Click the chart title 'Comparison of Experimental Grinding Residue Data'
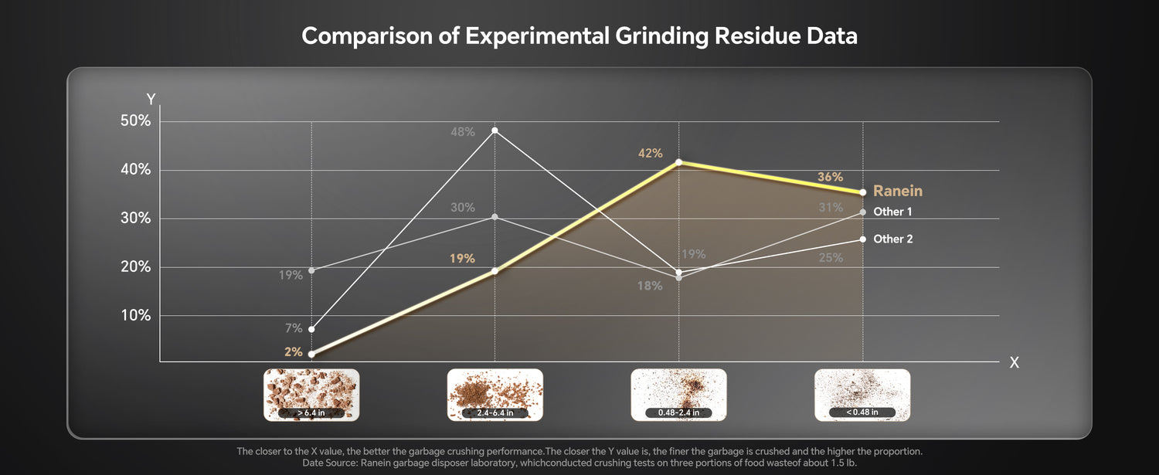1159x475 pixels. (579, 36)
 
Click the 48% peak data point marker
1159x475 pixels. (495, 131)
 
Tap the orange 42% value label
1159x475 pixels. (650, 153)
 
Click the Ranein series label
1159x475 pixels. (898, 192)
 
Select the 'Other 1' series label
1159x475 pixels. (892, 212)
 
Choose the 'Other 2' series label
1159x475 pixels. (892, 239)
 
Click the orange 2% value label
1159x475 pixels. (293, 351)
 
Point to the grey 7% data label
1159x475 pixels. (294, 328)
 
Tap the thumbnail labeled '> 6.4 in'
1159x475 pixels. (311, 395)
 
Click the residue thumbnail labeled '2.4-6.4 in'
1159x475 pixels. (495, 395)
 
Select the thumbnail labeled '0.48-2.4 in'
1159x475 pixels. (678, 395)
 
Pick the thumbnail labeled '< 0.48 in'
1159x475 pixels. (862, 395)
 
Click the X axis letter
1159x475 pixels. (1015, 363)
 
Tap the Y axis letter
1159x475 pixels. (151, 100)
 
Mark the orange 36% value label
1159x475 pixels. (830, 178)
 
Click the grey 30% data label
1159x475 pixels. (463, 208)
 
